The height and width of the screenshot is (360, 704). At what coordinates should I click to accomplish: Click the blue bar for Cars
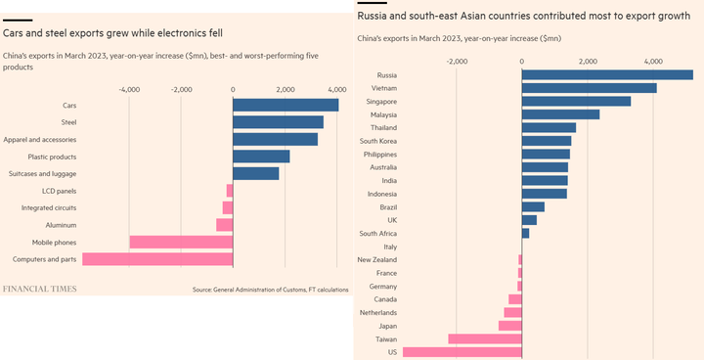pyautogui.click(x=286, y=105)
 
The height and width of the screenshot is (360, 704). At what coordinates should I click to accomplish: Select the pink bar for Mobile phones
pyautogui.click(x=181, y=242)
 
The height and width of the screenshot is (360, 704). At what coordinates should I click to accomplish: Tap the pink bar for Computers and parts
pyautogui.click(x=157, y=259)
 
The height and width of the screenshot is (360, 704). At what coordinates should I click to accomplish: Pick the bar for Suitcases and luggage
pyautogui.click(x=256, y=174)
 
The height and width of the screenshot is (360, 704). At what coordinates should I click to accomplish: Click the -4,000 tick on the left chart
pyautogui.click(x=128, y=89)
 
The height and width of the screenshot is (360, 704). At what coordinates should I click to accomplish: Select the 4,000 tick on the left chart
pyautogui.click(x=338, y=89)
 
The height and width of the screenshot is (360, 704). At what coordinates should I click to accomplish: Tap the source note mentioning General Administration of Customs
pyautogui.click(x=270, y=290)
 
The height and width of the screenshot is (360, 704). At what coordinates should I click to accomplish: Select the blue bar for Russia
pyautogui.click(x=607, y=74)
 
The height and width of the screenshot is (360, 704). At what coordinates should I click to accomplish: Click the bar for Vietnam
pyautogui.click(x=589, y=88)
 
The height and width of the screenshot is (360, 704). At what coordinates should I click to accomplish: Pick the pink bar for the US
pyautogui.click(x=462, y=352)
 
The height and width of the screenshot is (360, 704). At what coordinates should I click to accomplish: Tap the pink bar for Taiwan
pyautogui.click(x=485, y=338)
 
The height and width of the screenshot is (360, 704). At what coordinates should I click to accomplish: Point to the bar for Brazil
pyautogui.click(x=533, y=206)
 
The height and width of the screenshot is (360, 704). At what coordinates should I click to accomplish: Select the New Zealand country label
pyautogui.click(x=376, y=259)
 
